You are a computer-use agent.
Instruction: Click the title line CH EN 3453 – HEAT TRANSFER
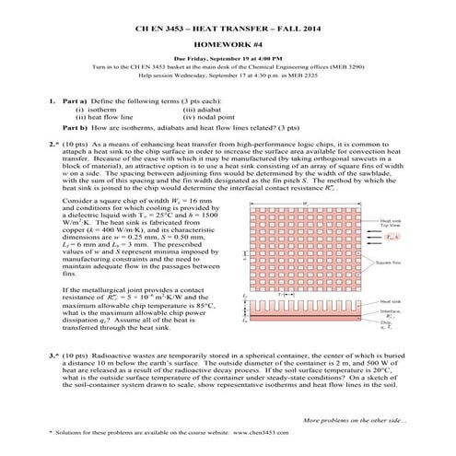point(227,30)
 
